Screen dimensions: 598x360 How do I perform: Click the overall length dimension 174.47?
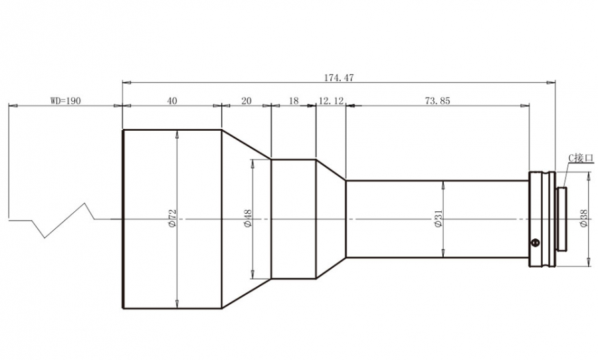coord(339,78)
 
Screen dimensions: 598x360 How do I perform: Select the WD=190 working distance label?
coord(66,101)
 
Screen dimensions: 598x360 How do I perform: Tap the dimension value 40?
coord(172,101)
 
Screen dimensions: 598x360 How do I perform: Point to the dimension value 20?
coord(247,101)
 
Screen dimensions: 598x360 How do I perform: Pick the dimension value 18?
coord(294,101)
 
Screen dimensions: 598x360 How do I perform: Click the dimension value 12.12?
coord(331,101)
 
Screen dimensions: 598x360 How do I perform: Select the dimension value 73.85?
coord(438,101)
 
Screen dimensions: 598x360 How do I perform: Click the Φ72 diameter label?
coord(172,219)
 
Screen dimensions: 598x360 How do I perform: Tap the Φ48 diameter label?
coord(248,219)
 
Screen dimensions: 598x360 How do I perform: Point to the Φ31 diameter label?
coord(439,219)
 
